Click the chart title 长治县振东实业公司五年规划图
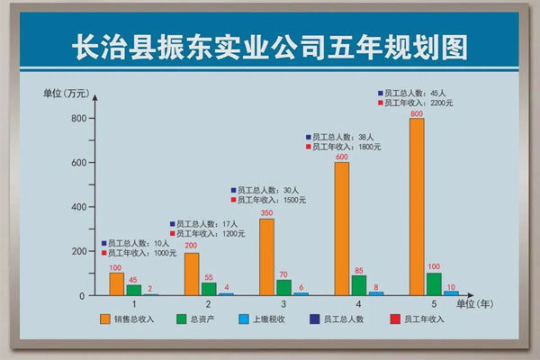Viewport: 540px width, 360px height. click(x=269, y=45)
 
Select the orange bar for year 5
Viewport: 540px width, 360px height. click(x=416, y=207)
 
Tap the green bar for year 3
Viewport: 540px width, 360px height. click(x=283, y=287)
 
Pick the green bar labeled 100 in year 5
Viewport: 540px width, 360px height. click(x=434, y=283)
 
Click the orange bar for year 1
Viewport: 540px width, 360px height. click(x=116, y=283)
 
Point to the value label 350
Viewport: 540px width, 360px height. click(x=266, y=212)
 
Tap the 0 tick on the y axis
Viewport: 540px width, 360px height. click(x=81, y=295)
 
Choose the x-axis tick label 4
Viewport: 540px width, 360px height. click(x=358, y=304)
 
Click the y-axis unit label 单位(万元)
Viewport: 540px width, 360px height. click(x=67, y=94)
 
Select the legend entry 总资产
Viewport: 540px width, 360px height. click(x=210, y=319)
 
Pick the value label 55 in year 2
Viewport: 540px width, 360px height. click(x=209, y=277)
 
